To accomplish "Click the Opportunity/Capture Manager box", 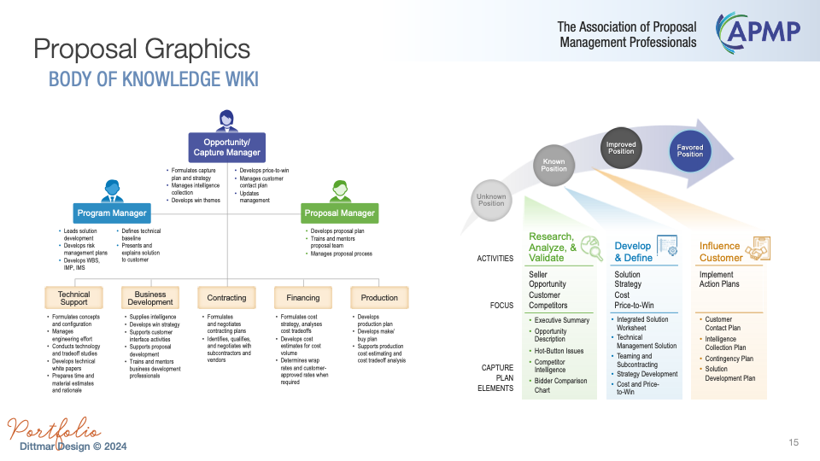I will (226, 147).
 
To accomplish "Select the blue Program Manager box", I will (112, 213).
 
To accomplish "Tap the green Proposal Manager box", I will (340, 213).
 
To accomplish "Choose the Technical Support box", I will (73, 297).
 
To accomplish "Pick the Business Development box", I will (150, 297).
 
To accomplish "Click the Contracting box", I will (226, 297).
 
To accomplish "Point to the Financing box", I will (303, 297).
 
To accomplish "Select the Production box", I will (379, 297).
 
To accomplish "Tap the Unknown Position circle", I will (491, 199).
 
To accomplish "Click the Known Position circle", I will (553, 164).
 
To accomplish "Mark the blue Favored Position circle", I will (690, 151).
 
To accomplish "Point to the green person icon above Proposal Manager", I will (340, 190).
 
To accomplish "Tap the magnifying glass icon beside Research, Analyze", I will (590, 247).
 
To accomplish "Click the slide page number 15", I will (794, 442).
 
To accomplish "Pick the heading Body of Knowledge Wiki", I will (154, 80).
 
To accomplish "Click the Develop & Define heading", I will (633, 251).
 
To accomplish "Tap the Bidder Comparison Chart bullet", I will (560, 385).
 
